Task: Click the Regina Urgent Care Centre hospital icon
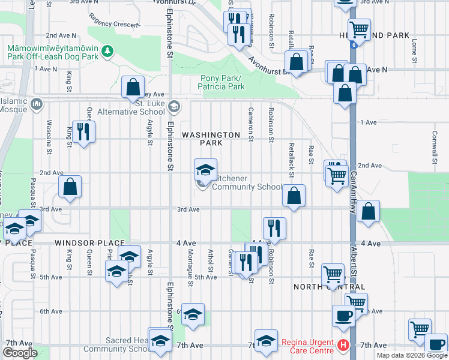(343, 345)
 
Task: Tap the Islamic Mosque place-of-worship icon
(37, 105)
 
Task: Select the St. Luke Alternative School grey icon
(174, 106)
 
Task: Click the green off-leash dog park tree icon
(107, 52)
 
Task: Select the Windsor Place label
(80, 243)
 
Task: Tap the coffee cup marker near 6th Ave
(343, 315)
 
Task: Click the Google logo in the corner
(19, 353)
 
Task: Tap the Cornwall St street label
(434, 148)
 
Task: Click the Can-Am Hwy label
(354, 191)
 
